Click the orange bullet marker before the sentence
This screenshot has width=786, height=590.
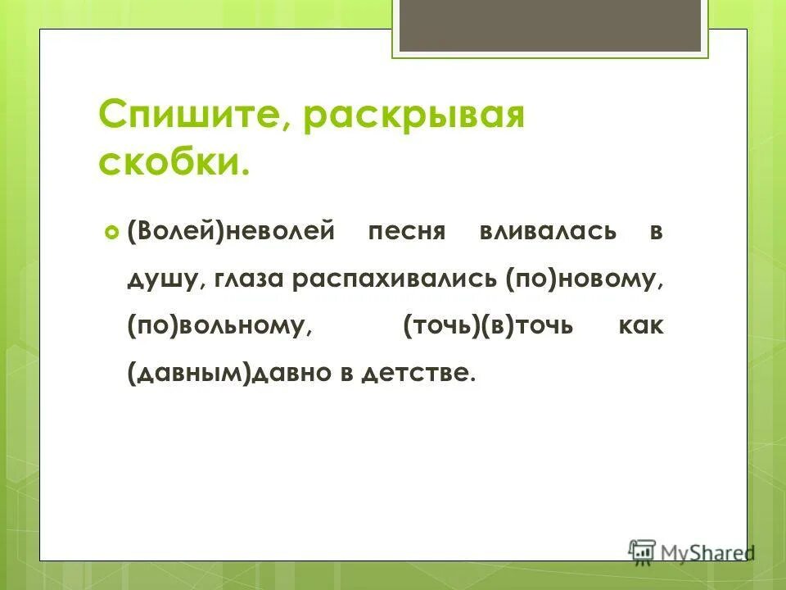(111, 232)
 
